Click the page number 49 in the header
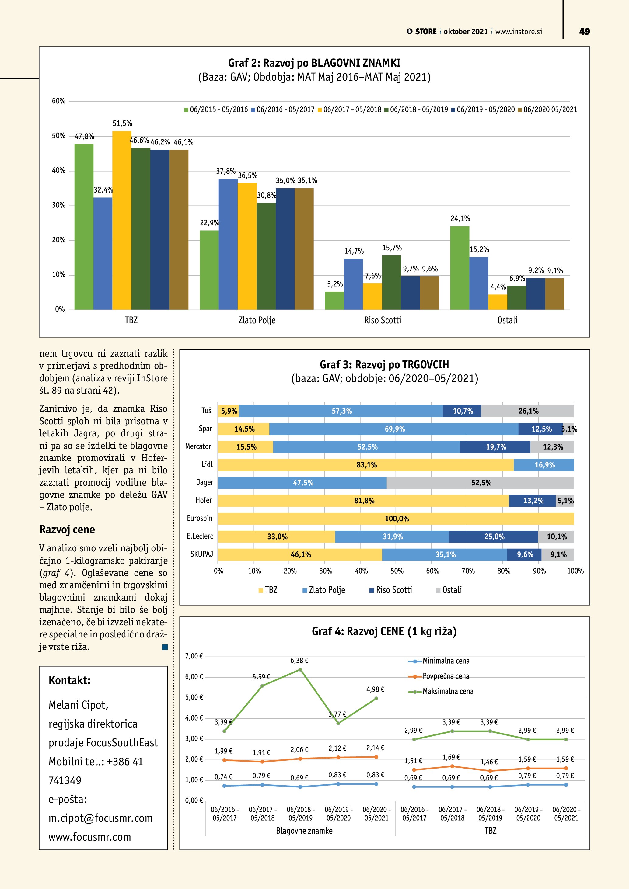(x=584, y=32)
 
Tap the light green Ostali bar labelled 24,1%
(x=460, y=268)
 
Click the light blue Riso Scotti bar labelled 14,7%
(x=353, y=284)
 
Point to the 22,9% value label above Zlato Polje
(x=209, y=223)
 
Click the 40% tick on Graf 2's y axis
(x=58, y=170)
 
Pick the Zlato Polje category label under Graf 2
(x=257, y=320)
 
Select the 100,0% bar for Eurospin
(x=396, y=519)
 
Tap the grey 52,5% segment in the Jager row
(x=480, y=483)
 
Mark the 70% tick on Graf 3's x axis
(x=468, y=571)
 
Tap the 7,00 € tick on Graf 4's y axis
(x=194, y=656)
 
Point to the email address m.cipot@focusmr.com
(x=100, y=818)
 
